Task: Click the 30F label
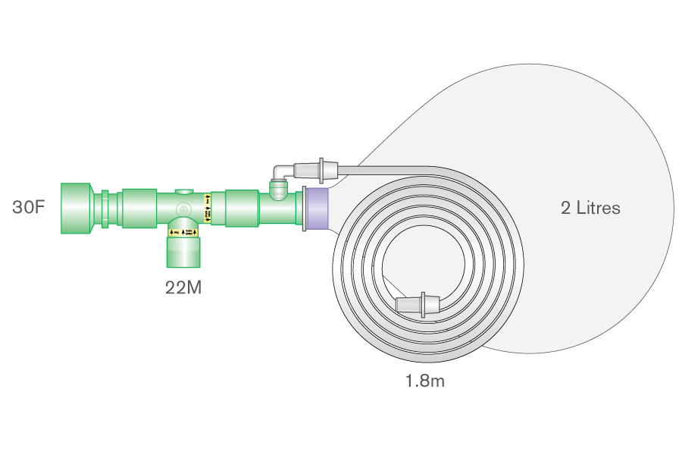click(x=28, y=206)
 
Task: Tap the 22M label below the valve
click(x=183, y=287)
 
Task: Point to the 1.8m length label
click(x=424, y=381)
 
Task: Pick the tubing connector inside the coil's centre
click(x=417, y=305)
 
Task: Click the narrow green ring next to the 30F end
click(x=105, y=208)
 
